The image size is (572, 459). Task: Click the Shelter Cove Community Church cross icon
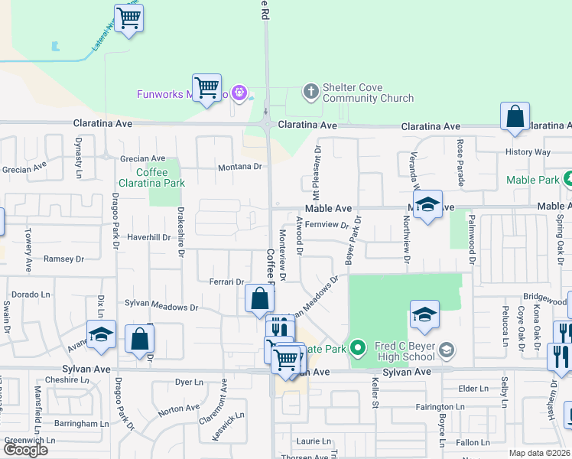pyautogui.click(x=310, y=92)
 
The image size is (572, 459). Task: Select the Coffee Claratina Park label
pyautogui.click(x=151, y=177)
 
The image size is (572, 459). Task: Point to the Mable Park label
pyautogui.click(x=533, y=181)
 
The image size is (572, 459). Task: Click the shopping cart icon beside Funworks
pyautogui.click(x=206, y=88)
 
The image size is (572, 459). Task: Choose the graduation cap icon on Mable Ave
pyautogui.click(x=428, y=204)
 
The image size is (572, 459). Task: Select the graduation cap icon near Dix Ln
pyautogui.click(x=101, y=334)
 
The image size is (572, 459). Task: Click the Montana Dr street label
pyautogui.click(x=240, y=166)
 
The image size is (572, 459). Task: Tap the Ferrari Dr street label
pyautogui.click(x=226, y=282)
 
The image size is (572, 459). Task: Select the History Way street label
pyautogui.click(x=528, y=152)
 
